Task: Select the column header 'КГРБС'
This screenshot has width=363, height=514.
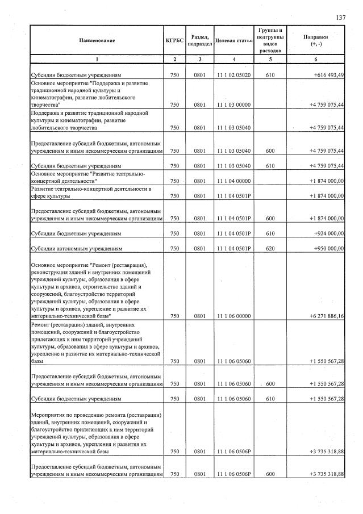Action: click(174, 41)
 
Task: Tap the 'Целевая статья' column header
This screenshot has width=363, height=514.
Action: click(233, 41)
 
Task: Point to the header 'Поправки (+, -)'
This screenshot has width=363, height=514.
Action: click(316, 41)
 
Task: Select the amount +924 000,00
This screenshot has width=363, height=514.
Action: click(327, 233)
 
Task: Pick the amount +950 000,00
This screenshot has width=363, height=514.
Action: click(327, 249)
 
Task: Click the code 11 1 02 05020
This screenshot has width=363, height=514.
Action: click(233, 75)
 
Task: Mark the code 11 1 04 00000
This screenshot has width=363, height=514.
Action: click(233, 181)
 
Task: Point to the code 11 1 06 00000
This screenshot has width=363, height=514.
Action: click(233, 316)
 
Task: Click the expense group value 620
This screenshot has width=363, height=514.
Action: click(270, 249)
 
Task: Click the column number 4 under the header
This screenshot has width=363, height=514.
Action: click(233, 59)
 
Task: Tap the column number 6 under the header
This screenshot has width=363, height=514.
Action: click(316, 59)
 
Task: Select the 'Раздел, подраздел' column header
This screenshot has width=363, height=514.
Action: click(200, 41)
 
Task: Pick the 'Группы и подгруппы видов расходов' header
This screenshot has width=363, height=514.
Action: click(270, 40)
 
